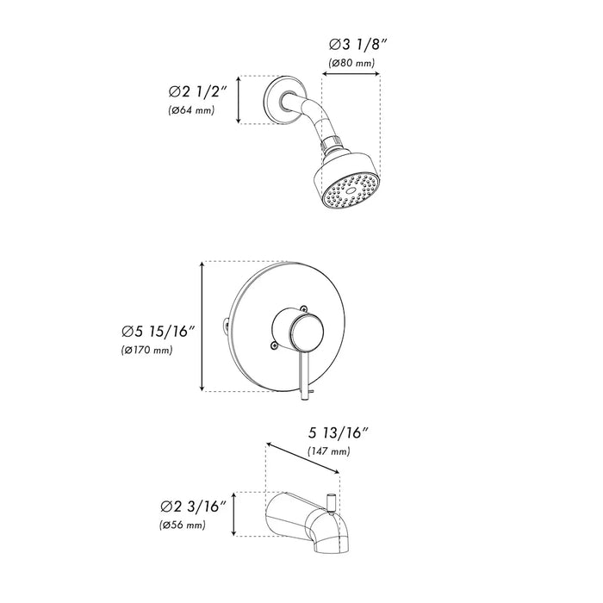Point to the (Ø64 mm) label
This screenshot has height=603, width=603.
coord(192,110)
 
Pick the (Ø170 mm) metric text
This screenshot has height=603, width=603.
coord(148,351)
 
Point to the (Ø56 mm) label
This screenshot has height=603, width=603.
coord(182,525)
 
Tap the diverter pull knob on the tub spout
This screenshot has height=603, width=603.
coord(331,500)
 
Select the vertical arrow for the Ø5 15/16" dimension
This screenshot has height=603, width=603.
coord(202,326)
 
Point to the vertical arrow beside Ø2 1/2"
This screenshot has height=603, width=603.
coord(239,100)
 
